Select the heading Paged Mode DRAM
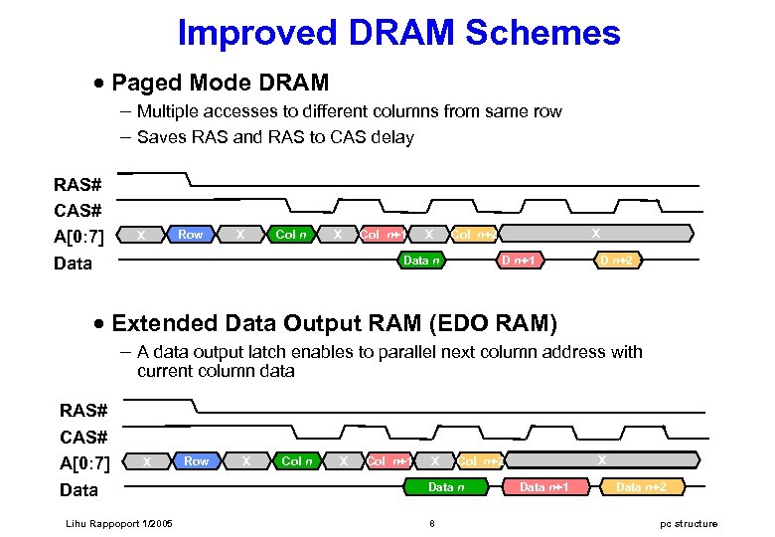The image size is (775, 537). pyautogui.click(x=220, y=82)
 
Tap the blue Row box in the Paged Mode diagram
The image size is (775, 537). pyautogui.click(x=190, y=235)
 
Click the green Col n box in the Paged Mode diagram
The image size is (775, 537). pyautogui.click(x=291, y=235)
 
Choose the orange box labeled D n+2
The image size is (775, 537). pyautogui.click(x=618, y=261)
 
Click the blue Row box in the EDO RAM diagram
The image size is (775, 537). pyautogui.click(x=197, y=461)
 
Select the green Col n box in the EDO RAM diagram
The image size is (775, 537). pyautogui.click(x=298, y=461)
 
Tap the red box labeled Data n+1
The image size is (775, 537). pyautogui.click(x=544, y=487)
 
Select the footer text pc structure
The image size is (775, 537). pyautogui.click(x=688, y=524)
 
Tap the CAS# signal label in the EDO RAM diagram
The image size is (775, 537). pyautogui.click(x=84, y=437)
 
